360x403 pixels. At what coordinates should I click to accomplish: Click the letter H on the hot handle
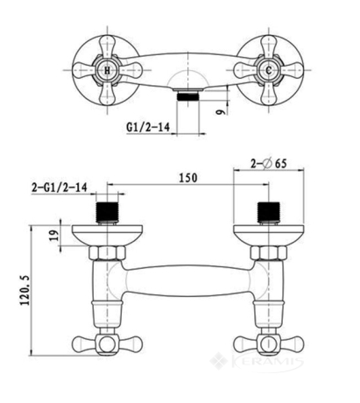pyautogui.click(x=108, y=70)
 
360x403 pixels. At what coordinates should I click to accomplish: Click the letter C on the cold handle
pyautogui.click(x=269, y=70)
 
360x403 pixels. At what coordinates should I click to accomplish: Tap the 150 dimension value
pyautogui.click(x=188, y=178)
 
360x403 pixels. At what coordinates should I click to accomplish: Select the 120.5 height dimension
pyautogui.click(x=25, y=290)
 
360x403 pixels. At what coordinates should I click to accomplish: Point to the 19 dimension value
pyautogui.click(x=54, y=235)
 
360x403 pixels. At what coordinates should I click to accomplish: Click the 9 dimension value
pyautogui.click(x=222, y=111)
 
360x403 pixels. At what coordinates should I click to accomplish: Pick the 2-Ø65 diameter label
pyautogui.click(x=269, y=164)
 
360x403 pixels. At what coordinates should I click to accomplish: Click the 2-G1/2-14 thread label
pyautogui.click(x=60, y=187)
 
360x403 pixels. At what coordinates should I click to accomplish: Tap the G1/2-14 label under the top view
pyautogui.click(x=148, y=127)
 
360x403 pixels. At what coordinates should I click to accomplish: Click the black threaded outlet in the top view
pyautogui.click(x=188, y=96)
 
